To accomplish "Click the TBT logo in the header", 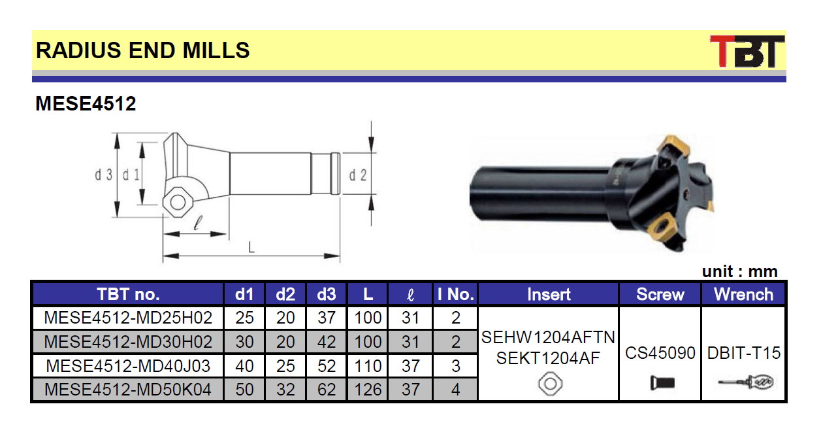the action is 747,52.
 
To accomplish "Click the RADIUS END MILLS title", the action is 143,50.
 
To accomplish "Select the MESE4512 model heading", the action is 86,103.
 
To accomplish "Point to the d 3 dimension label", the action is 104,175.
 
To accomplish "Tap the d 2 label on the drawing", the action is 358,175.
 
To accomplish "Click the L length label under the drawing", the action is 251,247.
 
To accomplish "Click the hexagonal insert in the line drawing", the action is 178,203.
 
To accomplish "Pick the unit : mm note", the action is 739,272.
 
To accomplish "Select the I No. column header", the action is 455,294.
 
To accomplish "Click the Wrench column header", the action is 743,294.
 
